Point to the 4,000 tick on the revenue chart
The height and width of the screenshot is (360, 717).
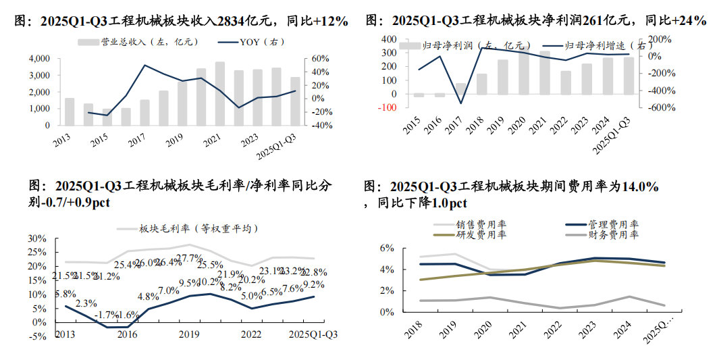coord(38,59)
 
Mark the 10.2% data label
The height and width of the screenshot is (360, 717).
coord(210,282)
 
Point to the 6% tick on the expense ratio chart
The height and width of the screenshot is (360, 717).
coord(386,249)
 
